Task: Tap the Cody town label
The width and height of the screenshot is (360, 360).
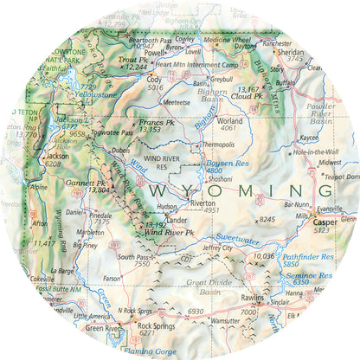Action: coord(154,79)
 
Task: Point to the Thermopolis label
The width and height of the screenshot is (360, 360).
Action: coord(216,145)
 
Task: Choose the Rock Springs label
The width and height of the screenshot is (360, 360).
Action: coord(132,326)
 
